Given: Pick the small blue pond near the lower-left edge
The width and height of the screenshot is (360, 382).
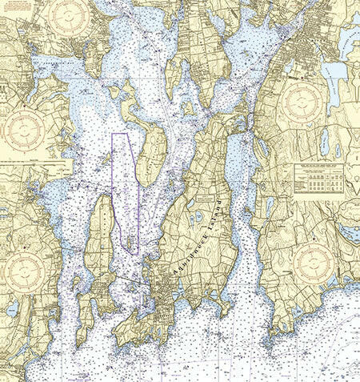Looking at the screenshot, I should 12,309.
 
